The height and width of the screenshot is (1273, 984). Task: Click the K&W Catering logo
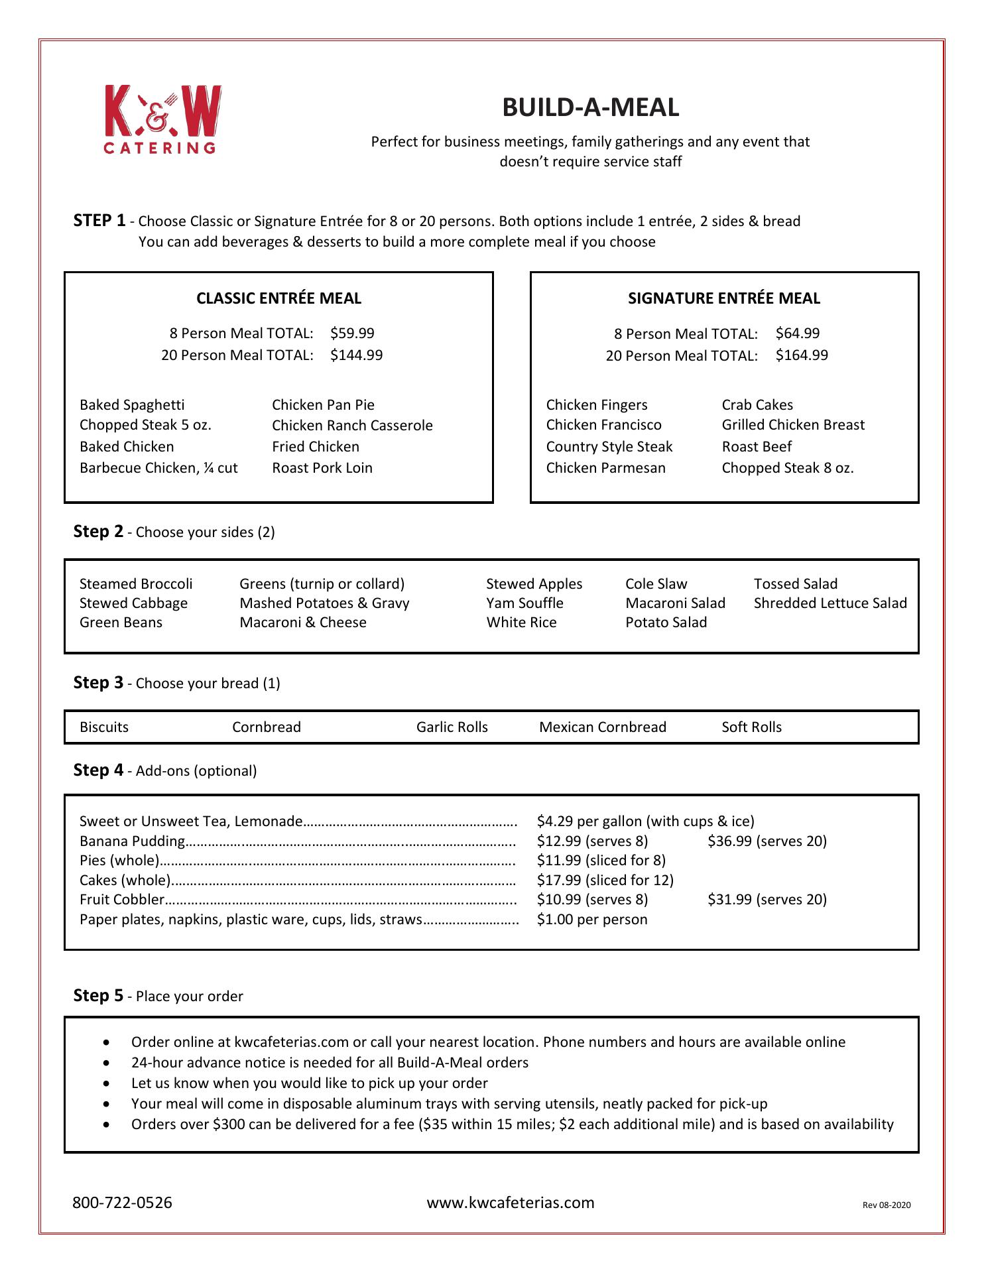(162, 119)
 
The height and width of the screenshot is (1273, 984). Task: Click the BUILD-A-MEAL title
(590, 107)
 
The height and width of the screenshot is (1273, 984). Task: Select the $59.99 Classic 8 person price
(352, 333)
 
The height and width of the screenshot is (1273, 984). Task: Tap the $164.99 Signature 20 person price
(802, 355)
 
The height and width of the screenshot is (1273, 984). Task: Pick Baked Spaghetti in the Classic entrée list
(132, 405)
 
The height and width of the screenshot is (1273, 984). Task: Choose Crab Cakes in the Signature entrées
(757, 405)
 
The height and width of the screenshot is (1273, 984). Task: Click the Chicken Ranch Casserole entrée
(352, 426)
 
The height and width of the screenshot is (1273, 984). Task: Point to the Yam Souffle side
(524, 603)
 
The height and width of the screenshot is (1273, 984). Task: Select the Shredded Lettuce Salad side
(830, 603)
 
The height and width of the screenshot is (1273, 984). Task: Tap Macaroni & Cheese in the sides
(303, 623)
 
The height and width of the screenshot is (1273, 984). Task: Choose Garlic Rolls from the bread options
(452, 727)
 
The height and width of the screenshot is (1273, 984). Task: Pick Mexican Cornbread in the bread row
(602, 727)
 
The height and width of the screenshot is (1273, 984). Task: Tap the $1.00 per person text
(592, 920)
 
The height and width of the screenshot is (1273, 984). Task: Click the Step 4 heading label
(98, 770)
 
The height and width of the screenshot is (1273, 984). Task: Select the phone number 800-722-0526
(122, 1203)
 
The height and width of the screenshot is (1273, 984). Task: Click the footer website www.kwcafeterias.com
(511, 1203)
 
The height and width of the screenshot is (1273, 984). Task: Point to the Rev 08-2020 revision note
(887, 1205)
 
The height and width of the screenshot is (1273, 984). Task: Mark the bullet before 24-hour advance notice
(107, 1063)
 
